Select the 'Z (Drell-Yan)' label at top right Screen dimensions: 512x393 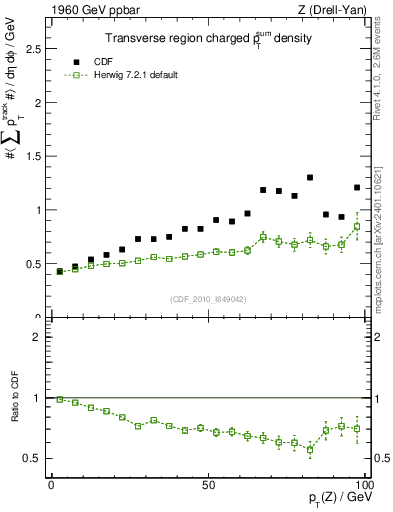334,10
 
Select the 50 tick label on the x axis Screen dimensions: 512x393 207,484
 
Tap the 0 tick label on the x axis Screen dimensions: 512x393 52,484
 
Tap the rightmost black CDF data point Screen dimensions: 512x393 357,187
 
